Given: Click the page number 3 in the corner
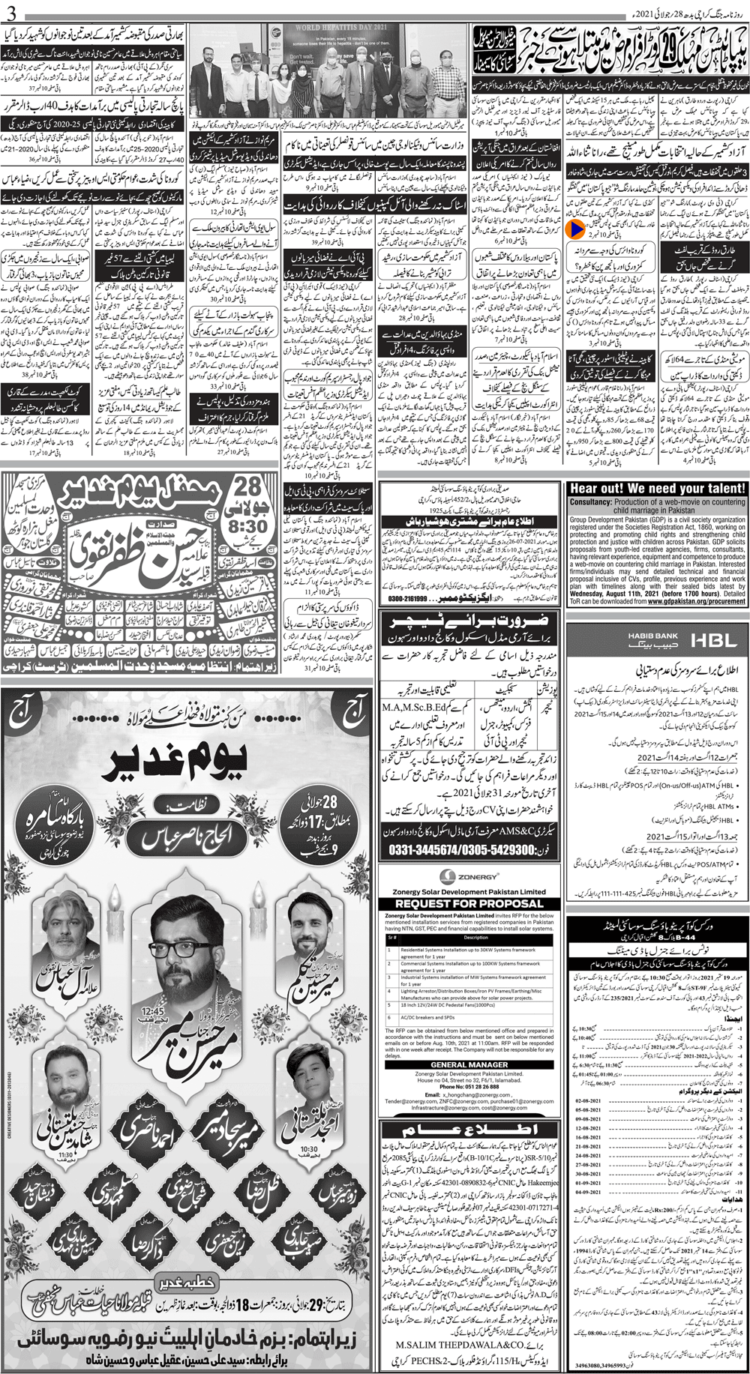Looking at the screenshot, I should coord(7,9).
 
